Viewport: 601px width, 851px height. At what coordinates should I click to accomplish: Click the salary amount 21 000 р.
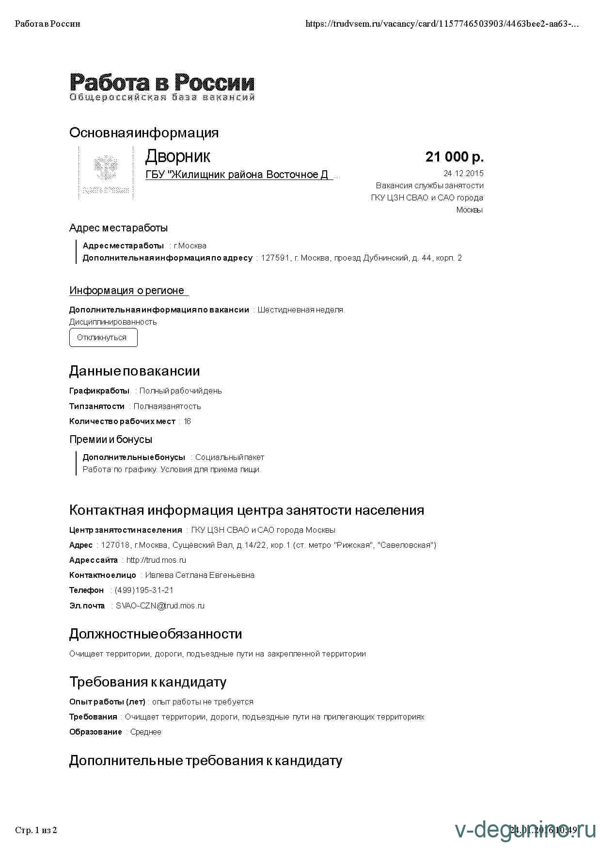(x=454, y=157)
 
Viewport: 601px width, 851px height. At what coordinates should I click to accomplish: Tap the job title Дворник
(x=177, y=156)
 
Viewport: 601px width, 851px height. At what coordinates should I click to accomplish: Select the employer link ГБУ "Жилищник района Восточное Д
(x=237, y=175)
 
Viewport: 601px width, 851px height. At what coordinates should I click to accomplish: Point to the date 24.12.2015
(x=463, y=173)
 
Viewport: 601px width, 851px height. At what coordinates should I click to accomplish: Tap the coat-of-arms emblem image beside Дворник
(x=106, y=172)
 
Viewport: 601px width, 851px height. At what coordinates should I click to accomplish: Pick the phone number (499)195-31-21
(x=144, y=590)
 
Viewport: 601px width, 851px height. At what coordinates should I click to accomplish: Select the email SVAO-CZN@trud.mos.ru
(x=160, y=606)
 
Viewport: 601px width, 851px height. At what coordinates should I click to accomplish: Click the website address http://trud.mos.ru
(x=156, y=560)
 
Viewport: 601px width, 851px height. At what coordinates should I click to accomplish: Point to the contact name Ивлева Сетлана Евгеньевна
(x=200, y=575)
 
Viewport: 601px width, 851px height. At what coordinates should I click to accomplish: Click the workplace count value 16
(x=187, y=422)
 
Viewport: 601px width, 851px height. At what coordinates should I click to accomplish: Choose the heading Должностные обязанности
(x=156, y=634)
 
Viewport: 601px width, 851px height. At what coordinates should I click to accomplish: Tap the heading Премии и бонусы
(x=111, y=440)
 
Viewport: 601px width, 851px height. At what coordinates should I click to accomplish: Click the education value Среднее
(x=146, y=732)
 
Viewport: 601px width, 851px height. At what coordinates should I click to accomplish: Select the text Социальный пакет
(x=230, y=458)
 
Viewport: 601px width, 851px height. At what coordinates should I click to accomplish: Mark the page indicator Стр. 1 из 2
(x=36, y=830)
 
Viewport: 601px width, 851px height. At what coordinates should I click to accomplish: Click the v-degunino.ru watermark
(x=525, y=830)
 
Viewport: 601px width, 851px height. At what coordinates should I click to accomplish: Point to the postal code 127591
(x=275, y=258)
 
